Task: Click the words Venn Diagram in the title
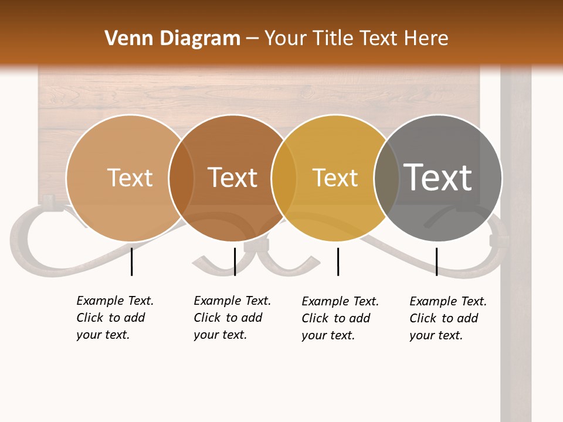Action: tap(172, 39)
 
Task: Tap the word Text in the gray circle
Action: tap(437, 177)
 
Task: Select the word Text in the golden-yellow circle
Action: tap(335, 178)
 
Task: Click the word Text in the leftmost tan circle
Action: tap(130, 178)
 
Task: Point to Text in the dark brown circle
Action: tap(233, 178)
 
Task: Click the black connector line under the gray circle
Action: tap(436, 261)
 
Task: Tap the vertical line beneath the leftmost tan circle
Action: tap(131, 261)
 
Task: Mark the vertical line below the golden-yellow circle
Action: tap(338, 261)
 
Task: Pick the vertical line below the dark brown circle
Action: tap(235, 261)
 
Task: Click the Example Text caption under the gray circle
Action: tap(447, 318)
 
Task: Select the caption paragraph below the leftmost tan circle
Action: tap(114, 318)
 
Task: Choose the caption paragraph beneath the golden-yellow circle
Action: tap(340, 318)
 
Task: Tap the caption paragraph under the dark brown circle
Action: tap(232, 318)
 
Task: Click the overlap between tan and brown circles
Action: tap(181, 178)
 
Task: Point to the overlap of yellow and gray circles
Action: tap(386, 178)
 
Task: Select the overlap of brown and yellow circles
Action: tap(284, 178)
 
